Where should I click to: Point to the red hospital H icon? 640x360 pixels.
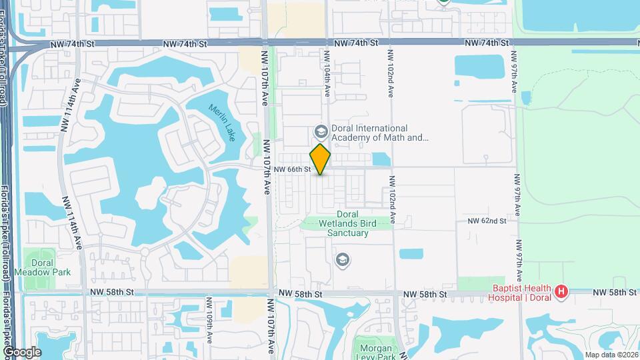tap(562, 291)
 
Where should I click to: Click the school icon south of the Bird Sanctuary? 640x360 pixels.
tap(342, 259)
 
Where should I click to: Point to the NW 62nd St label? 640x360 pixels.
tap(487, 220)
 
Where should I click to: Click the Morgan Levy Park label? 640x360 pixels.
tap(376, 353)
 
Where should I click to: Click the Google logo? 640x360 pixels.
tap(22, 351)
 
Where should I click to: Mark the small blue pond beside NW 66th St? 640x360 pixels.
tap(380, 159)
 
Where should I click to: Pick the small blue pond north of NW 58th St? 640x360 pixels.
tap(411, 253)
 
